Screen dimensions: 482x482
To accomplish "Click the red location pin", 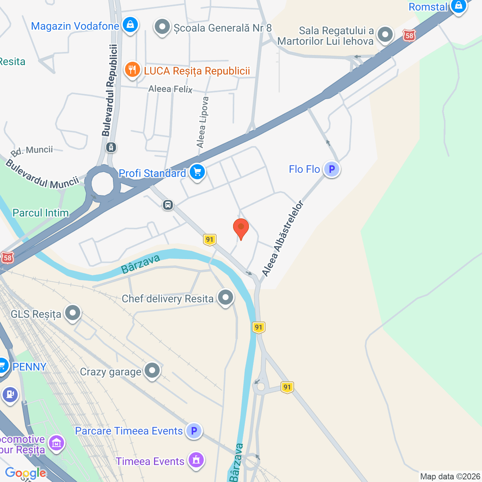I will (x=241, y=228).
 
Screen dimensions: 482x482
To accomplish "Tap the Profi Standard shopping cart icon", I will (x=197, y=172).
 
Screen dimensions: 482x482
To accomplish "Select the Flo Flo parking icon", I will (x=332, y=169).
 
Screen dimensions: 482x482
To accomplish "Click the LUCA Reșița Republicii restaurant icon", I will (x=132, y=70).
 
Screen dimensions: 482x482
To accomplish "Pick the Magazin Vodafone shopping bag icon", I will (x=130, y=25).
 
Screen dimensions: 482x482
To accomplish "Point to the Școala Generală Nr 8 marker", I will (x=162, y=27).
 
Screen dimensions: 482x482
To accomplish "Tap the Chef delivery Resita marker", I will (x=226, y=297).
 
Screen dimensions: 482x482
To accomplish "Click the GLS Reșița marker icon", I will (x=73, y=313).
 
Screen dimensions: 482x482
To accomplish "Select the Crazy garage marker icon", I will (x=152, y=371).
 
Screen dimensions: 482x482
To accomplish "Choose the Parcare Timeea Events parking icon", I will (x=194, y=430).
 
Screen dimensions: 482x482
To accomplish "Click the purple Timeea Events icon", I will (x=196, y=460).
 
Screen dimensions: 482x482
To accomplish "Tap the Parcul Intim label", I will (x=41, y=213).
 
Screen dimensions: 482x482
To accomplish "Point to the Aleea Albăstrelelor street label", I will (x=282, y=239).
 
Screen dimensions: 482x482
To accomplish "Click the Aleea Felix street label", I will (x=170, y=89).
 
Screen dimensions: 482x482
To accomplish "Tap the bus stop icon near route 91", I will (x=168, y=205).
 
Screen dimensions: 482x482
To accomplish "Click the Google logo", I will (x=26, y=473).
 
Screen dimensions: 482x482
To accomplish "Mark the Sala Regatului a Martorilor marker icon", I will (x=385, y=35).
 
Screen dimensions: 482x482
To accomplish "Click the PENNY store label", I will (x=29, y=366).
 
